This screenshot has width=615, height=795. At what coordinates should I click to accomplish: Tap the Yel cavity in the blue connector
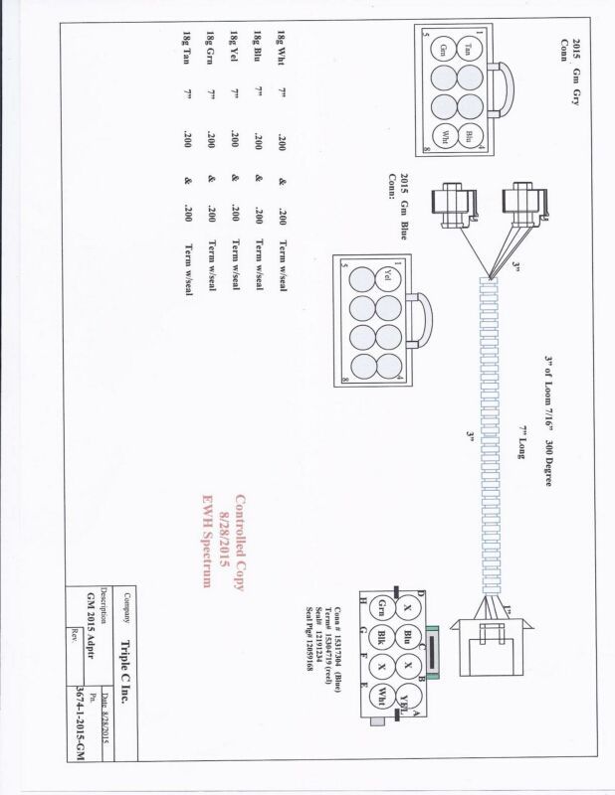tap(386, 281)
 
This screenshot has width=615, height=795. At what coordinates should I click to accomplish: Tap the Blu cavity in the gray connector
tap(468, 136)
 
